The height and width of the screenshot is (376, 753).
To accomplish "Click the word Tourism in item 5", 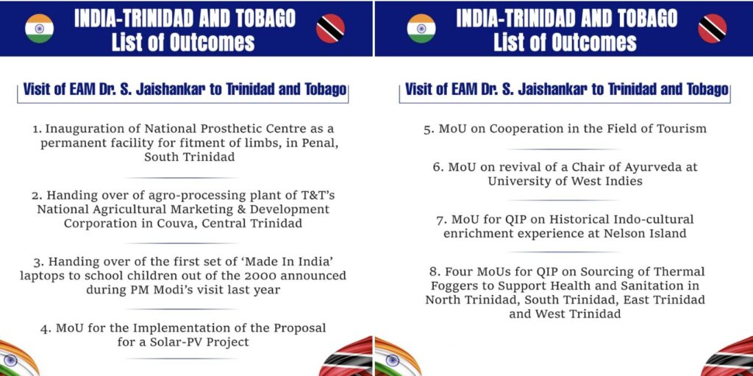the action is point(684,129).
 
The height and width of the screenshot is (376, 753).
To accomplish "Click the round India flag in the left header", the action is point(40,29).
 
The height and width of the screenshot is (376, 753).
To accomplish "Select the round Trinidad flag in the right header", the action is point(712,29).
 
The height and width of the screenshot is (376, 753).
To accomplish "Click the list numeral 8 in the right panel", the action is point(432,272).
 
